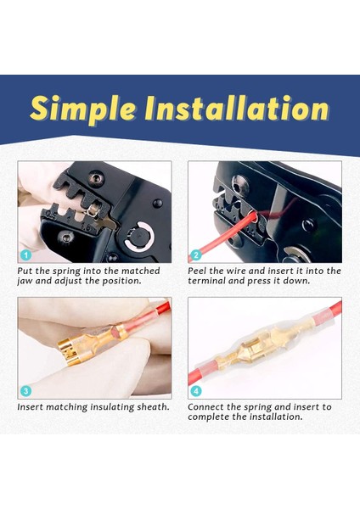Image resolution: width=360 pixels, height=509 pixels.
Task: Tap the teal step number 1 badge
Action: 26,255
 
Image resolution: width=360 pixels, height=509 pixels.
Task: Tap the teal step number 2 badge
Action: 195,255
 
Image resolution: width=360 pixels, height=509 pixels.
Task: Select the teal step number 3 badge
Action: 26,391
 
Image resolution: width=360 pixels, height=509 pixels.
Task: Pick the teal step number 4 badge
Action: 195,391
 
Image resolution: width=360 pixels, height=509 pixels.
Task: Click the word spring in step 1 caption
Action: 66,271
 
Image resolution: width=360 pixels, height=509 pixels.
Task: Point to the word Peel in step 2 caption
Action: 197,271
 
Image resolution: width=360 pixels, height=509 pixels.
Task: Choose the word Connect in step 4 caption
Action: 205,406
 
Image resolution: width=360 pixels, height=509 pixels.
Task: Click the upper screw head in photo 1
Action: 96,178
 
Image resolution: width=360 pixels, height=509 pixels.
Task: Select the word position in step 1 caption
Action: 122,281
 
